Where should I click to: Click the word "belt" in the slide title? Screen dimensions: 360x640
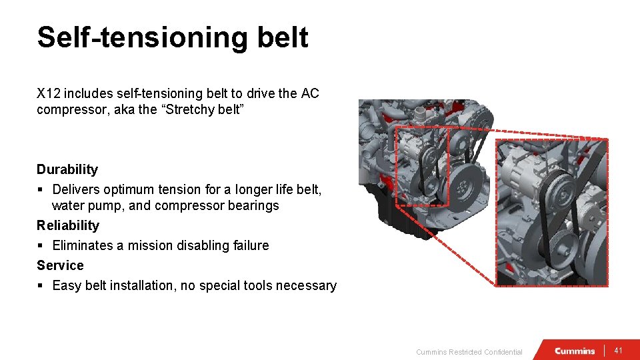coord(284,38)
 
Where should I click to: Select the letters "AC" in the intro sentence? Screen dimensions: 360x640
coord(310,93)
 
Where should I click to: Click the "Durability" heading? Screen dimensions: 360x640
coord(67,169)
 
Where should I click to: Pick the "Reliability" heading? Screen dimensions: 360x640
coord(68,225)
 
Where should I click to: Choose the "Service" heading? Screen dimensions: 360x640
coord(60,265)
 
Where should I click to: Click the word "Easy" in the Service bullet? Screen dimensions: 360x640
coord(66,285)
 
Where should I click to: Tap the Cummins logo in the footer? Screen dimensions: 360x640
coord(575,351)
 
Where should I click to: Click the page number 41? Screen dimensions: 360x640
coord(619,351)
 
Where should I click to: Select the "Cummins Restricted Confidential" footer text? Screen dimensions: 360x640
coord(469,352)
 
